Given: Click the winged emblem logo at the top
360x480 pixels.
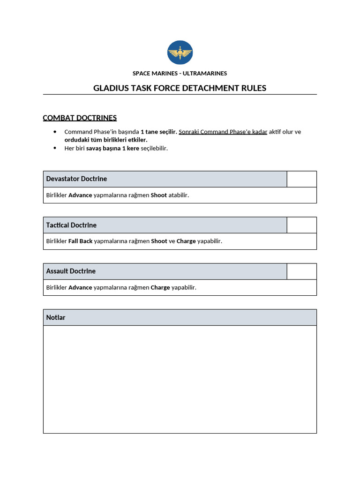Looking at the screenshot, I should [180, 53].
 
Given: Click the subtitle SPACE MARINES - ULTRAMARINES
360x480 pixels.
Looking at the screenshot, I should [180, 73].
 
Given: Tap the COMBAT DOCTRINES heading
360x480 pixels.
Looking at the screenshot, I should [80, 118].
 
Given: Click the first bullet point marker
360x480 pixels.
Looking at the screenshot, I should [55, 132].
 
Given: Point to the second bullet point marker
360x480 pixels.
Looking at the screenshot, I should [55, 148].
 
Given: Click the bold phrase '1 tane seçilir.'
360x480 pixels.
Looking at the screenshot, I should [158, 132].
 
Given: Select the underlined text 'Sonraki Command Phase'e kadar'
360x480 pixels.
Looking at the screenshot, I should [223, 132].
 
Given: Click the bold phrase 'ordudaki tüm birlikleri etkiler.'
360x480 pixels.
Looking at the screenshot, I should [106, 140].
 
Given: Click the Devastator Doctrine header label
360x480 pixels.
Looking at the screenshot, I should [76, 179].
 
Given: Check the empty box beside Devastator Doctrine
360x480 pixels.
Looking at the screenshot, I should [301, 179].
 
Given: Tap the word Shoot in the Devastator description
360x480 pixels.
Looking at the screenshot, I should [158, 195].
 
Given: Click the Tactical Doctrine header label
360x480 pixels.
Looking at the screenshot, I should [71, 225].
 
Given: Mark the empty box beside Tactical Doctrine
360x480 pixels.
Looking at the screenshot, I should [301, 225].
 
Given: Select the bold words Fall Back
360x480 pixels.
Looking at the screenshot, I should [80, 241].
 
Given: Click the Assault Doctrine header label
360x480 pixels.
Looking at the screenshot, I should [71, 271].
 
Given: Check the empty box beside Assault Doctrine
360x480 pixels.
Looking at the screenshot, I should [301, 271].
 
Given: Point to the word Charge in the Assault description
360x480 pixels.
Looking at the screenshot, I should [160, 287].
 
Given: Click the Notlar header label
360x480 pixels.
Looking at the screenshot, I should [56, 317].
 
